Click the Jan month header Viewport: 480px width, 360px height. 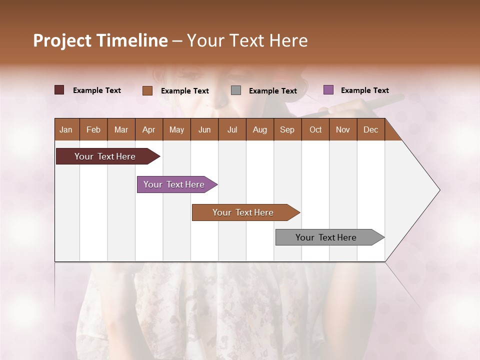[x=66, y=129]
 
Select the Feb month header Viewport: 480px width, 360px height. [x=93, y=129]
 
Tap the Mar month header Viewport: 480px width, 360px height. [x=121, y=129]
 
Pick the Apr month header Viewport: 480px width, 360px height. [x=149, y=129]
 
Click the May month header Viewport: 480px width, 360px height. [x=176, y=129]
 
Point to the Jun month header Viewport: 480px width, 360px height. [x=204, y=129]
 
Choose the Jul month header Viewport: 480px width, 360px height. [x=232, y=129]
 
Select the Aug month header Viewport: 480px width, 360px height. [x=260, y=129]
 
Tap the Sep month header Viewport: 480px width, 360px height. [x=287, y=129]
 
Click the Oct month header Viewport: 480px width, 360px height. [x=315, y=129]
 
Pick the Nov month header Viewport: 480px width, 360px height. [x=343, y=129]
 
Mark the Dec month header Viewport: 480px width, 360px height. [x=371, y=129]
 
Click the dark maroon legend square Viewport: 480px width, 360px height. [x=59, y=90]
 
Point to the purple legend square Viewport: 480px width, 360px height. [x=328, y=90]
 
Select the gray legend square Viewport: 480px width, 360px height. [x=236, y=90]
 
